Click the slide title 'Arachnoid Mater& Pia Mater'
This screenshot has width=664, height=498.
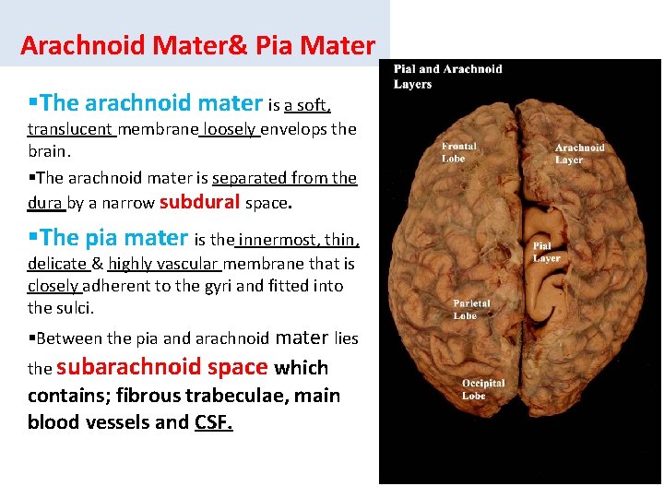[197, 45]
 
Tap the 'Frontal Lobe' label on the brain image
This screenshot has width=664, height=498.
[458, 152]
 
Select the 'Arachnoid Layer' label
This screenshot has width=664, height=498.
[580, 153]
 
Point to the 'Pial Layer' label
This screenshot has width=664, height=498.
[547, 252]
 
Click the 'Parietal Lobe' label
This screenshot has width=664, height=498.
[471, 309]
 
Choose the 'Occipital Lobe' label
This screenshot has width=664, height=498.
[483, 389]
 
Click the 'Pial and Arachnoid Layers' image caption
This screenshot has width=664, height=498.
[448, 77]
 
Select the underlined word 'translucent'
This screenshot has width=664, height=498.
[70, 129]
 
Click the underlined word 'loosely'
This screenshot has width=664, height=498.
[230, 129]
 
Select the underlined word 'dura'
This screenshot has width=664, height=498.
[44, 203]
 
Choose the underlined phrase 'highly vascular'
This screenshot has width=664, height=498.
[161, 265]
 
